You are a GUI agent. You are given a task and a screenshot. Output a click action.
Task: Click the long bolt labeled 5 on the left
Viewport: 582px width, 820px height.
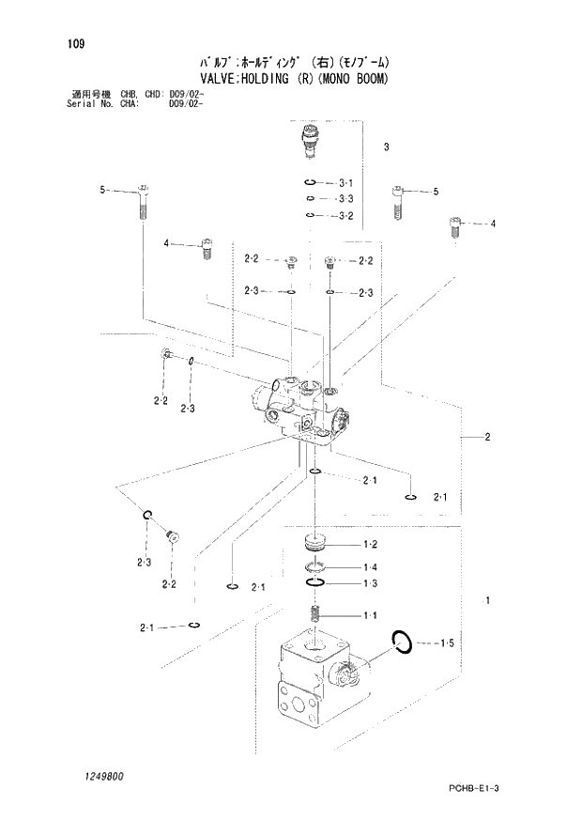click(143, 200)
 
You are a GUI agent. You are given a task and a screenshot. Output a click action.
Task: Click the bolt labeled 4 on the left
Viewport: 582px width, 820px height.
click(206, 250)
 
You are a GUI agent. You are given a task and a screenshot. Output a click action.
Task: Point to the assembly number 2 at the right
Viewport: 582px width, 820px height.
click(488, 437)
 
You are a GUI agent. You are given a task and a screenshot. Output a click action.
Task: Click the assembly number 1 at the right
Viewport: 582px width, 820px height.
click(486, 599)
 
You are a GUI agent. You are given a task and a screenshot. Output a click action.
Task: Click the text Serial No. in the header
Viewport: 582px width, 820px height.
click(93, 103)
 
